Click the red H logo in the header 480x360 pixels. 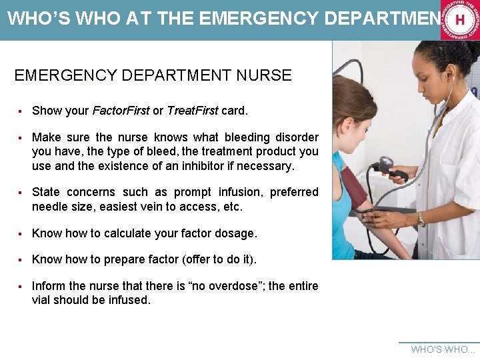pyautogui.click(x=459, y=20)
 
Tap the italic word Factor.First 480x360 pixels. pyautogui.click(x=121, y=110)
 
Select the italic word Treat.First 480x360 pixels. pyautogui.click(x=192, y=110)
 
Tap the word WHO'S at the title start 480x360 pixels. pyautogui.click(x=34, y=19)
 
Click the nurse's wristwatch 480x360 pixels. pyautogui.click(x=421, y=219)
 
